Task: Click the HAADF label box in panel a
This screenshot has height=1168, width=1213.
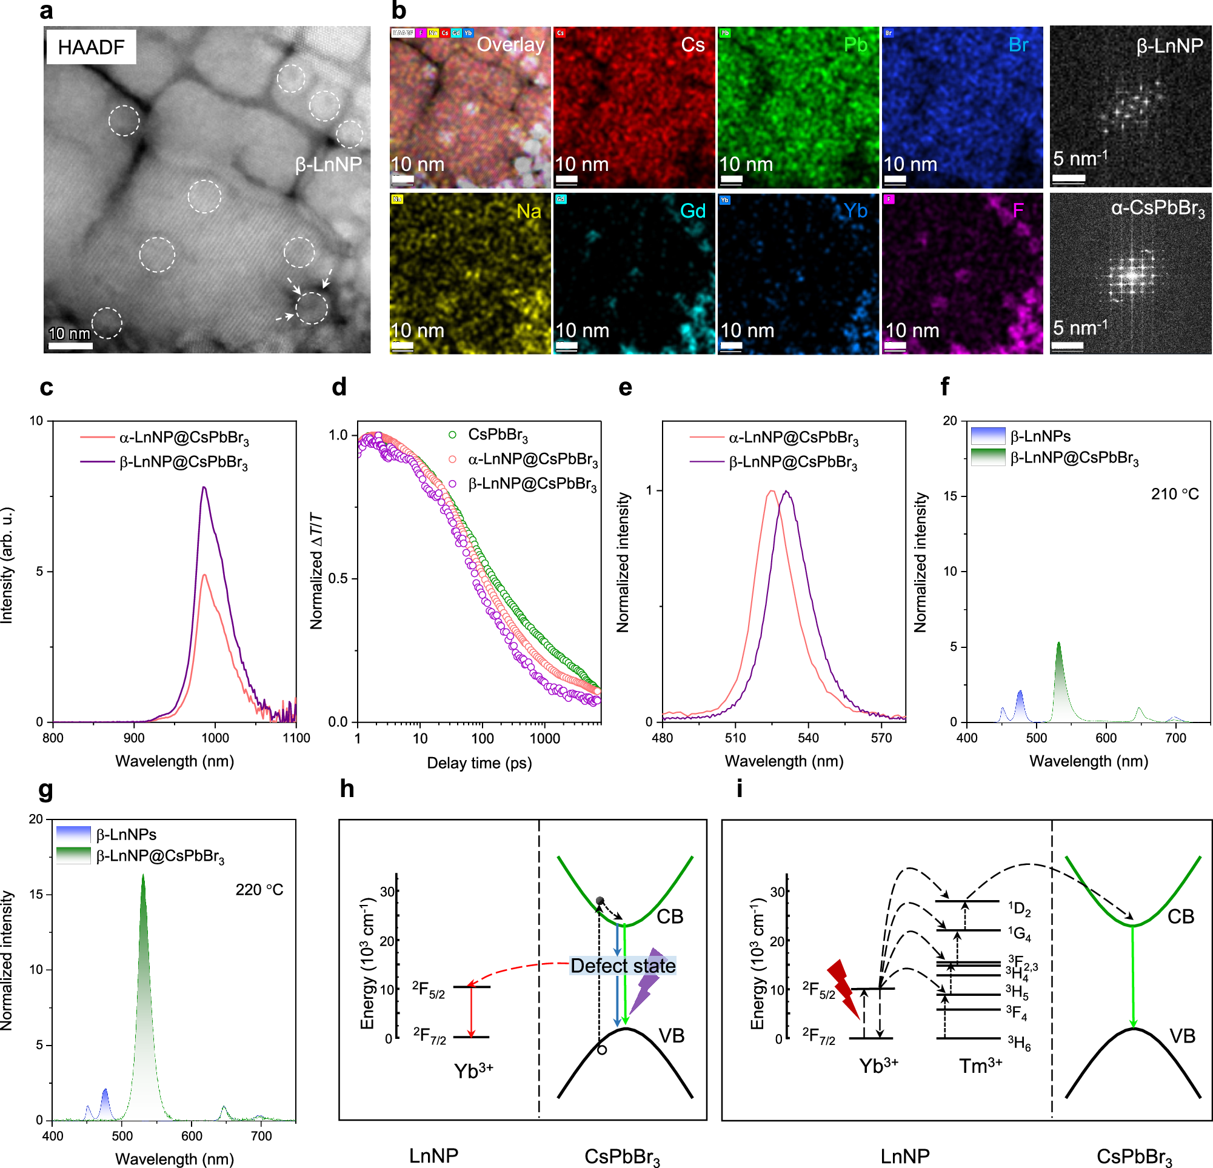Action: point(91,47)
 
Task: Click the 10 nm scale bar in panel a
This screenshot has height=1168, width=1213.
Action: point(70,345)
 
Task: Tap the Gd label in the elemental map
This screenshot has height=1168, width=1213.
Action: point(692,211)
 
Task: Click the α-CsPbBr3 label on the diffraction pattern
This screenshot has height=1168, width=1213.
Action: point(1157,209)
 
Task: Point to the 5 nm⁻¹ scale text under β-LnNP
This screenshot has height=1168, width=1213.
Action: point(1080,158)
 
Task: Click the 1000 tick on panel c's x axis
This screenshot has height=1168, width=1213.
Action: point(215,738)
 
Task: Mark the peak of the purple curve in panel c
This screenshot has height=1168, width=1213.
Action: point(204,487)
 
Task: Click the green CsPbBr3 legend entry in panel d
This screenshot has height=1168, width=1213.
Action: point(489,435)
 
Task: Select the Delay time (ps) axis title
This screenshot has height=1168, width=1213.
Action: point(479,763)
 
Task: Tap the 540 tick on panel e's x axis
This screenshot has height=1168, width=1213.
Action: point(807,738)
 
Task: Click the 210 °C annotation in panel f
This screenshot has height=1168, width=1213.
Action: point(1174,493)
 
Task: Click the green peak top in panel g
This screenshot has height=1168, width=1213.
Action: point(143,876)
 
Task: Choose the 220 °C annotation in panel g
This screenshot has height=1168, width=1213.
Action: point(259,890)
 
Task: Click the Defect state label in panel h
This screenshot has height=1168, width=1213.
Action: point(623,966)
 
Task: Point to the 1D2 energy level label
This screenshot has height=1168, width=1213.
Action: point(1019,909)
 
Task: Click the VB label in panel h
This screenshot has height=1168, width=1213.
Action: point(671,1036)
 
